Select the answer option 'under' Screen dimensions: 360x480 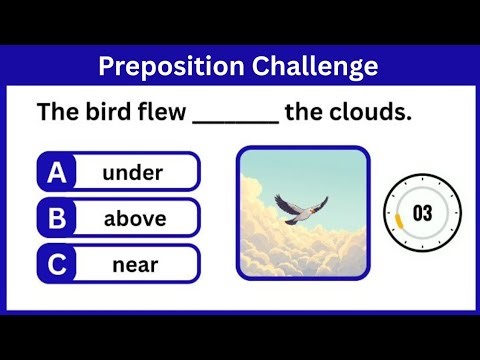tap(132, 172)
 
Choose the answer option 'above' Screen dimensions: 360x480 tap(135, 218)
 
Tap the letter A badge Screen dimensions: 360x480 tap(57, 172)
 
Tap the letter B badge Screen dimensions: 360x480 tap(57, 218)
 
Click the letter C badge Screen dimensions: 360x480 tap(57, 264)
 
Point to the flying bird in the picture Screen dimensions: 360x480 tap(302, 208)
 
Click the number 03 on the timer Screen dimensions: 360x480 tap(422, 212)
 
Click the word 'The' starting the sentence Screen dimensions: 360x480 tap(56, 112)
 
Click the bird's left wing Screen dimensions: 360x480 tap(290, 203)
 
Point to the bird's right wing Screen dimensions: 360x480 tap(317, 203)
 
